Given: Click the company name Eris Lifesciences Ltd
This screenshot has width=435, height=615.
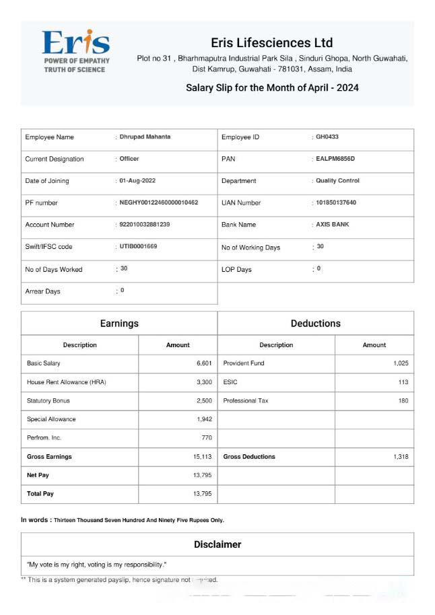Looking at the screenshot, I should tap(271, 42).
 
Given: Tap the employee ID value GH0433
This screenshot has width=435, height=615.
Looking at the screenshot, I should tap(327, 137).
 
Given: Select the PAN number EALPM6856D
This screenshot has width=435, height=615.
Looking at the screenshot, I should tap(335, 159).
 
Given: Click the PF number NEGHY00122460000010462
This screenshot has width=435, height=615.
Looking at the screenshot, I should tap(158, 203).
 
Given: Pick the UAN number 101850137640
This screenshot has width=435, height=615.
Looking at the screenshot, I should tap(336, 203).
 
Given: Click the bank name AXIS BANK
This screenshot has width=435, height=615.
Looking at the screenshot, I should tap(333, 224).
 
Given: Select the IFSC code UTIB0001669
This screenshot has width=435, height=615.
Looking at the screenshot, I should tap(138, 246).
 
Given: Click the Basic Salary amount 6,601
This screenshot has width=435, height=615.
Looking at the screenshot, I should tap(204, 363).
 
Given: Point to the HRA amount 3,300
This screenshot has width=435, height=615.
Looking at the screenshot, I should tap(204, 382).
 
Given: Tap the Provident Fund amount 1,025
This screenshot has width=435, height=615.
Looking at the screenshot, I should tap(401, 363).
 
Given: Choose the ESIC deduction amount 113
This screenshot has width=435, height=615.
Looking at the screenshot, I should tap(403, 382).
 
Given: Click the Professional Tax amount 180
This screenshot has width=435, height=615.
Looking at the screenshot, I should tap(403, 400).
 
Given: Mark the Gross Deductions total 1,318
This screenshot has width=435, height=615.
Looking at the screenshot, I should tap(401, 457).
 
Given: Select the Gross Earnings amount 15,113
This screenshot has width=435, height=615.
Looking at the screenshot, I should tap(202, 457).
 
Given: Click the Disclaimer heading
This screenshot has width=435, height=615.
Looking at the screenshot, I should tap(217, 544).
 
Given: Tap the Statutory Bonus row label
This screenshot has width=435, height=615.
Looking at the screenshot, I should tap(48, 400).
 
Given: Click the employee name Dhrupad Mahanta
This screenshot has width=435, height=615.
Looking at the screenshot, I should tap(145, 137).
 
